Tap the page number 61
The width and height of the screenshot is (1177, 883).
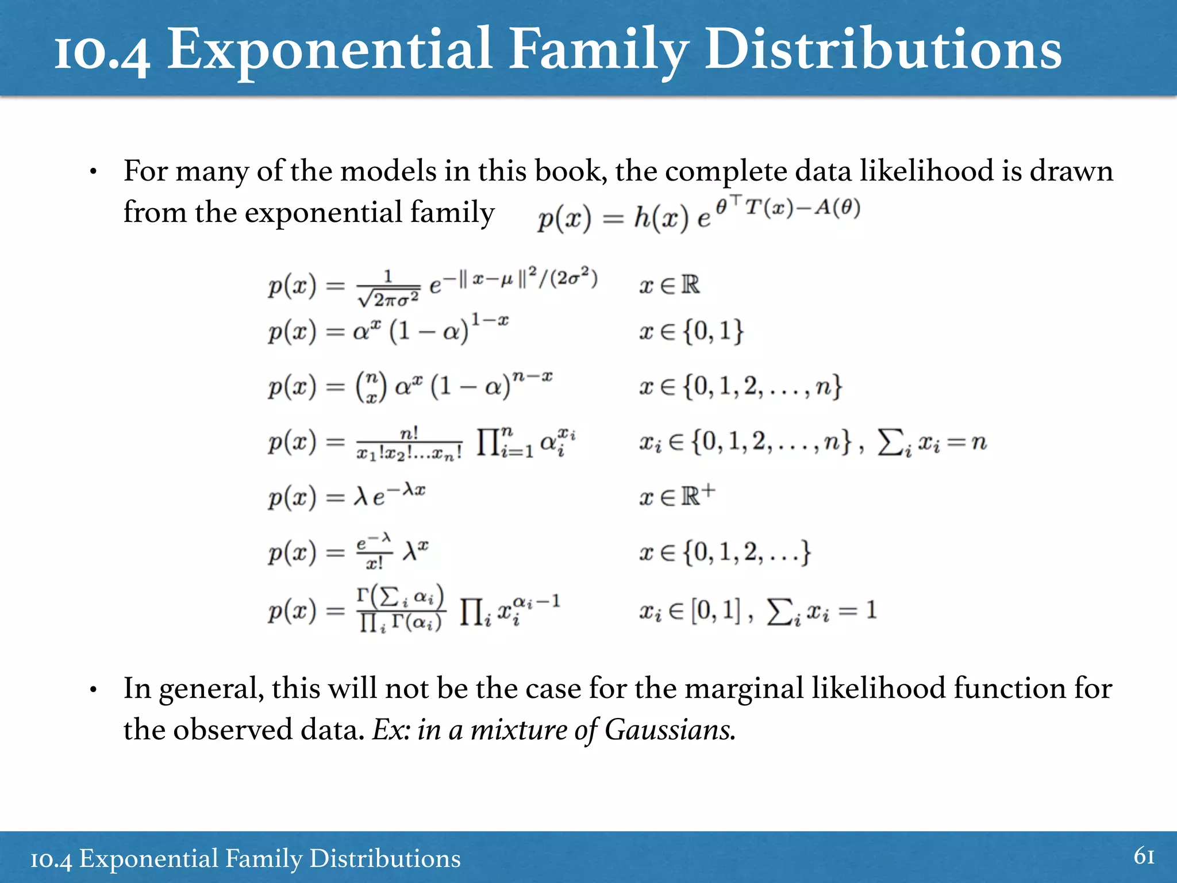(1144, 857)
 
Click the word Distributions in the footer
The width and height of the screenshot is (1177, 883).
(384, 859)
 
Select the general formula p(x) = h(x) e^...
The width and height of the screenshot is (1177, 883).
(698, 216)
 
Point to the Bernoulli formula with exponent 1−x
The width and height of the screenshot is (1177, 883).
(388, 331)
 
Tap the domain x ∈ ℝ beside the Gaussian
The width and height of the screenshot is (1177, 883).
(669, 285)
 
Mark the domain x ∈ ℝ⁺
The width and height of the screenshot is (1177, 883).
(677, 495)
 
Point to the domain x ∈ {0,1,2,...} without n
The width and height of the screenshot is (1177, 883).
(724, 552)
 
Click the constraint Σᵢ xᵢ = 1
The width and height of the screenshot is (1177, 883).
(822, 611)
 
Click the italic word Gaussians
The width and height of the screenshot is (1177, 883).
(670, 730)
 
